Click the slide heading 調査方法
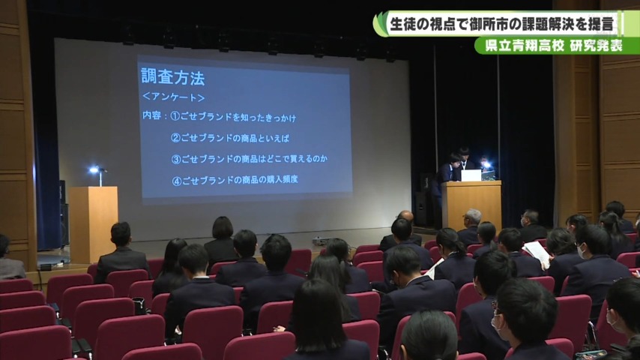click(172, 76)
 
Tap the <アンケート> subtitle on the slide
click(173, 97)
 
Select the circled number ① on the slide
click(175, 116)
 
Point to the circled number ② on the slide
click(175, 138)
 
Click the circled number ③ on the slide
click(176, 159)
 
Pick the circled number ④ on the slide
click(176, 181)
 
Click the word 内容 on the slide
click(151, 115)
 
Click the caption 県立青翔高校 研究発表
click(554, 46)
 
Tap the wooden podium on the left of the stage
click(94, 224)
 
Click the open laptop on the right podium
click(471, 175)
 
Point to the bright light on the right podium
click(486, 165)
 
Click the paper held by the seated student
click(537, 253)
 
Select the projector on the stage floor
click(319, 241)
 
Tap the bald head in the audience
click(405, 216)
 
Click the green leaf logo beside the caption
click(381, 25)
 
